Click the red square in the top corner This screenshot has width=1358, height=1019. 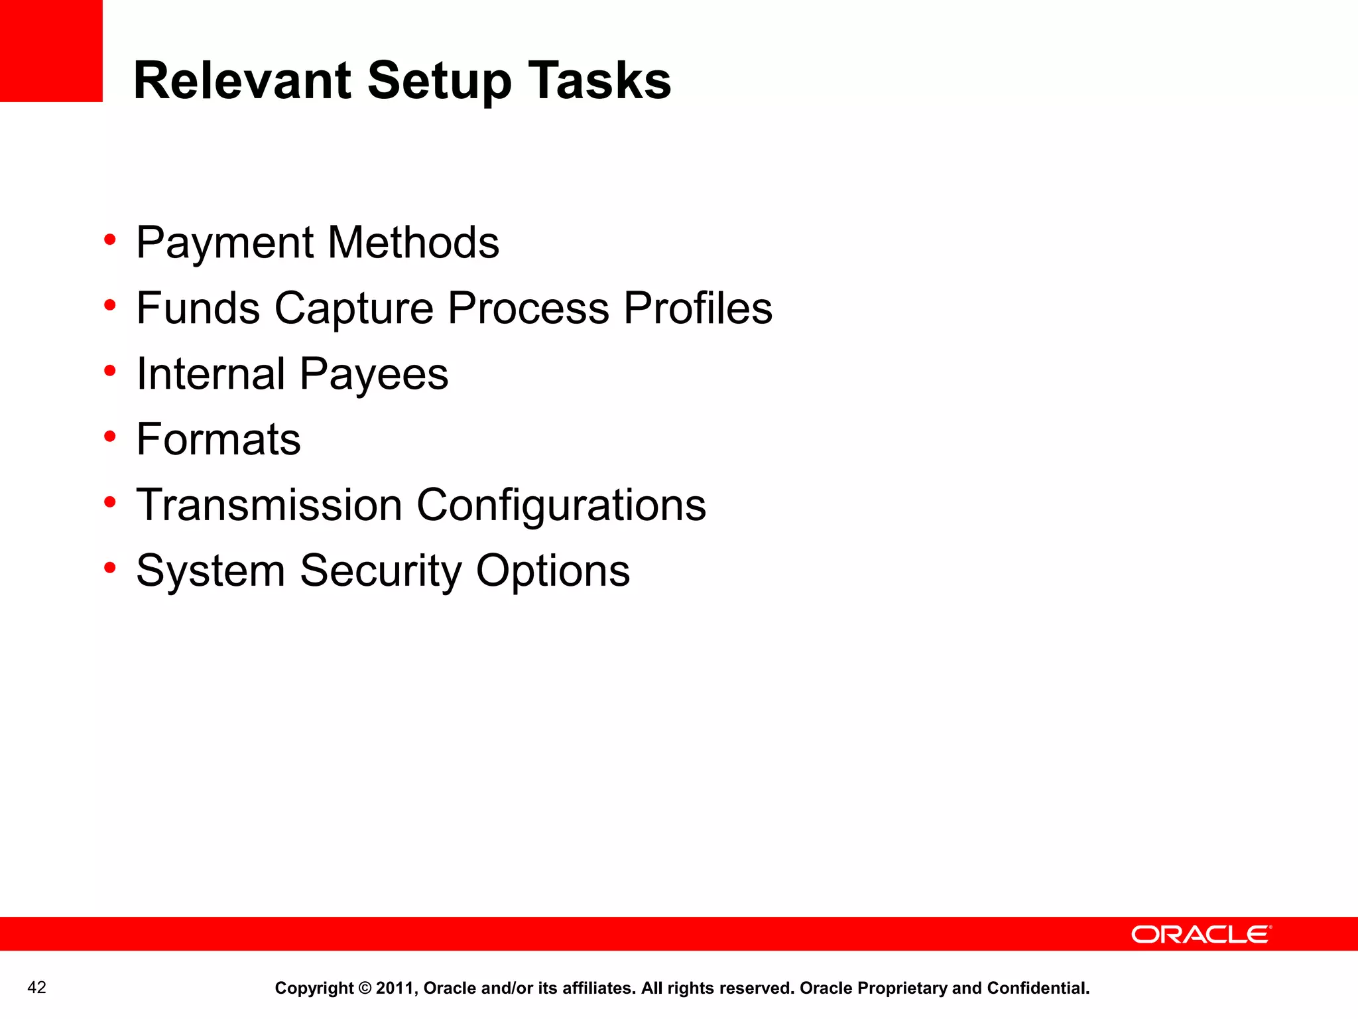pos(51,50)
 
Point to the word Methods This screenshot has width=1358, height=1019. pos(413,242)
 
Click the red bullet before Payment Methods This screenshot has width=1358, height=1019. pos(110,239)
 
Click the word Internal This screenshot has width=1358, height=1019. pos(210,374)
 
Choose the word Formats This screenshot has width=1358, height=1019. pos(218,439)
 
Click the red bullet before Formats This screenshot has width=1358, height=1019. pos(110,437)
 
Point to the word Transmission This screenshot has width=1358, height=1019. pos(269,505)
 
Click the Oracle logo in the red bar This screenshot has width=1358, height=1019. pos(1201,934)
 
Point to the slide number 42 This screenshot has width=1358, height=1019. pos(37,987)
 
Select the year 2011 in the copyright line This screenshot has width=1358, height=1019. pos(395,988)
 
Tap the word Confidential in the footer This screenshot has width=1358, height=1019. pos(1038,988)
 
